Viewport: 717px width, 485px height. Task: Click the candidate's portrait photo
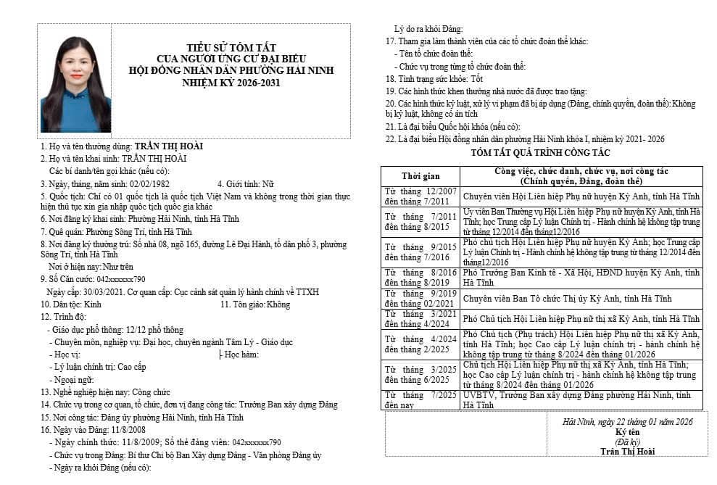[76, 84]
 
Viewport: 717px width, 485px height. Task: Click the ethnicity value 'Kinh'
[93, 304]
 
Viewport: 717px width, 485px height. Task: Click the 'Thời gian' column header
[420, 176]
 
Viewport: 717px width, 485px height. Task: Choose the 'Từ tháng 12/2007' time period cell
[420, 196]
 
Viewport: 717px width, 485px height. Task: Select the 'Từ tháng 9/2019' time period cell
[420, 299]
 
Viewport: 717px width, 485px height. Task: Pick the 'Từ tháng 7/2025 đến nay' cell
[420, 400]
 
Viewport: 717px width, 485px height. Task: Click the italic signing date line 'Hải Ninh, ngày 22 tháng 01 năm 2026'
[628, 422]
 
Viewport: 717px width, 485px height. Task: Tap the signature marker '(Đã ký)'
[627, 442]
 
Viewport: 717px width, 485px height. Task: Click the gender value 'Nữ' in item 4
[268, 184]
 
